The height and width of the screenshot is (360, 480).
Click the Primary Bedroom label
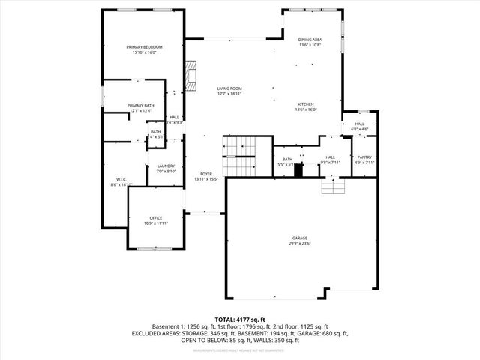(x=144, y=47)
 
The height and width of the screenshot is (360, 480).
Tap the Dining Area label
(x=310, y=39)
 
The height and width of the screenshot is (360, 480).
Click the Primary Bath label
(x=140, y=105)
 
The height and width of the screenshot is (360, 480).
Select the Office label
(x=155, y=218)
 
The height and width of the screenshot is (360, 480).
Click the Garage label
(x=299, y=238)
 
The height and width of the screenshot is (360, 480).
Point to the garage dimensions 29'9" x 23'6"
(x=299, y=243)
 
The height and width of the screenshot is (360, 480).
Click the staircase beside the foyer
(x=241, y=155)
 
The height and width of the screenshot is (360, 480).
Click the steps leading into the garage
(x=331, y=186)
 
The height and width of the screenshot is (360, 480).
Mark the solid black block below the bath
(x=298, y=170)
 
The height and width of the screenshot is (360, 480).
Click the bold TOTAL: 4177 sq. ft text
(x=240, y=319)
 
